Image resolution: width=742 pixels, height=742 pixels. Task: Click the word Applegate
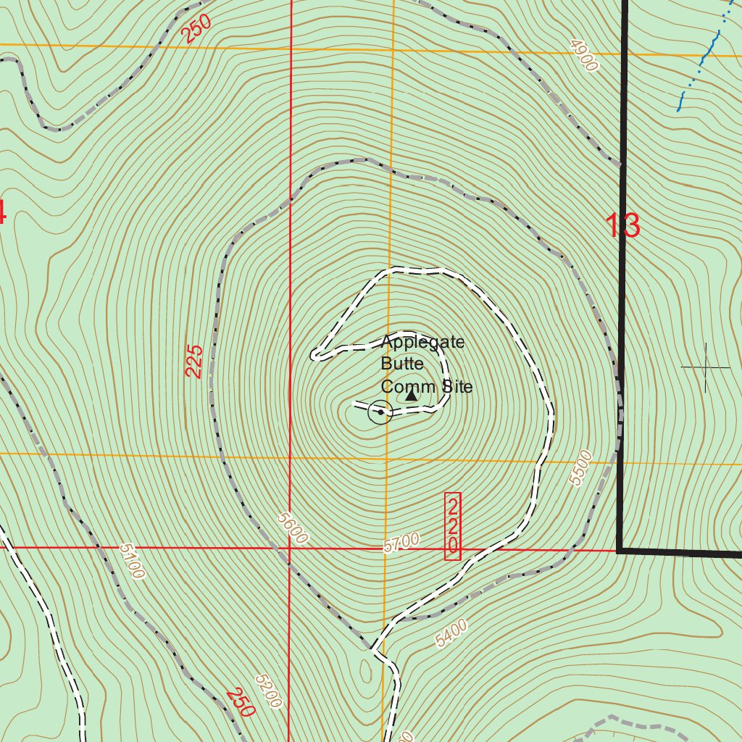(x=422, y=342)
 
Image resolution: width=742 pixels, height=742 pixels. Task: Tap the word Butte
(x=402, y=364)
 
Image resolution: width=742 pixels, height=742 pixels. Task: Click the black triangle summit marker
(x=412, y=396)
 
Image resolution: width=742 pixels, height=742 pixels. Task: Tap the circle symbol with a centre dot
(x=380, y=412)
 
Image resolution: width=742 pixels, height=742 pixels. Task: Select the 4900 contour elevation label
(x=584, y=57)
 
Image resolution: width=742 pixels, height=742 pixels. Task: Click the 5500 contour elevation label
(x=581, y=468)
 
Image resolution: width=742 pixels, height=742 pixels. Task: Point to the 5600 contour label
(x=293, y=528)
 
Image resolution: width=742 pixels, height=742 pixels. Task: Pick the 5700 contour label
(x=402, y=542)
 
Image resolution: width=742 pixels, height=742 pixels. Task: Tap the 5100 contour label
(x=133, y=562)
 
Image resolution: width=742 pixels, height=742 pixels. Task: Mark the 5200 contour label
(x=268, y=691)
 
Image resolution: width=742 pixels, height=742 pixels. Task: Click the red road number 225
(x=194, y=361)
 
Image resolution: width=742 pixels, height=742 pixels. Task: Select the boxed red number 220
(x=453, y=526)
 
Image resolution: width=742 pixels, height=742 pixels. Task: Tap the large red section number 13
(x=622, y=226)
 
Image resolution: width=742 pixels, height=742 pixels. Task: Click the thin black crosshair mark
(x=706, y=368)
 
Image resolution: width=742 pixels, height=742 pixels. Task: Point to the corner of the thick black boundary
(x=620, y=550)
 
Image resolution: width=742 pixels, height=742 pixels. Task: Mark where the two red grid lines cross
(x=290, y=548)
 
